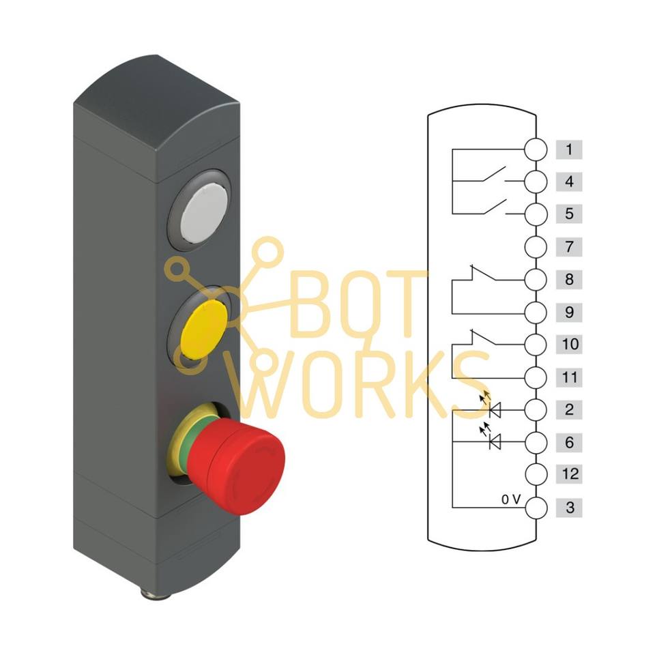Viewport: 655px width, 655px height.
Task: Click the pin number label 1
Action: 569,149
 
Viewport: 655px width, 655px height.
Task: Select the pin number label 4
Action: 569,182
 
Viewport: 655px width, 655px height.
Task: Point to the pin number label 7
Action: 569,246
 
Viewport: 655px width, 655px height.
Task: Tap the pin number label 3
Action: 569,507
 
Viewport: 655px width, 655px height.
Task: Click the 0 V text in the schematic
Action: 510,500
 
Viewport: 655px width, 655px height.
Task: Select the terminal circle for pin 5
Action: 536,214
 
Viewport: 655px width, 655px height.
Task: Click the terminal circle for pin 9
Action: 536,312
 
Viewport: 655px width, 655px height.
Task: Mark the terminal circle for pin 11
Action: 536,377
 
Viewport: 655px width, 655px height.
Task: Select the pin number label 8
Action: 569,279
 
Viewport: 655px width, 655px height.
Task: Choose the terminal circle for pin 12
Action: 536,474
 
